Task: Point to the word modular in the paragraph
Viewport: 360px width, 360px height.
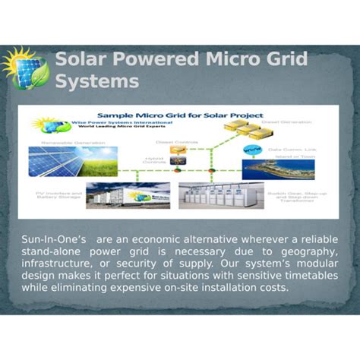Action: pyautogui.click(x=43, y=276)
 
